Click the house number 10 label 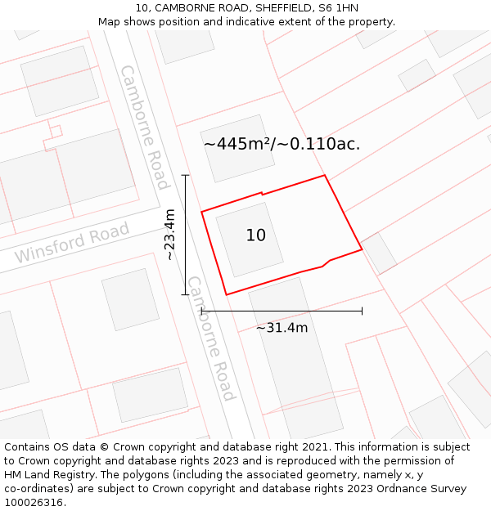click(x=255, y=235)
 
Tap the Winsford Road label click(x=72, y=243)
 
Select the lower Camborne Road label click(x=211, y=338)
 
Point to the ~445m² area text click(x=282, y=144)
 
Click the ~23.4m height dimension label click(x=169, y=235)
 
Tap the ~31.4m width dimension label click(x=282, y=328)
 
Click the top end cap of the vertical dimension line click(x=185, y=175)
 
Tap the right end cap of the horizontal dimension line click(x=362, y=311)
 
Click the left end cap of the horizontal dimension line click(x=201, y=311)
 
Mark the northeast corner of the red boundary click(x=325, y=175)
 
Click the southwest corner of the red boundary click(x=226, y=294)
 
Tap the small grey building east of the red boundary click(x=379, y=253)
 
